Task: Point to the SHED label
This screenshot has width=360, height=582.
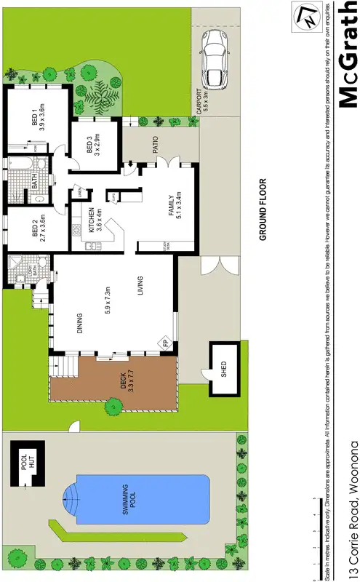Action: (223, 370)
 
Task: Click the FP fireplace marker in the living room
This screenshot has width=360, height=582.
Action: (165, 343)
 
